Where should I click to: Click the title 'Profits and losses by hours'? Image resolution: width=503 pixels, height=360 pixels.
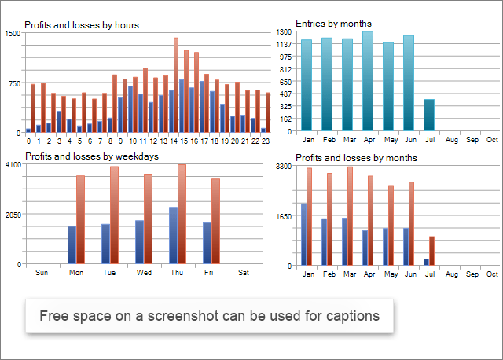[x=82, y=25]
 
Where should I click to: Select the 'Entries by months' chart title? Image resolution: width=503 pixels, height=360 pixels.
[x=333, y=24]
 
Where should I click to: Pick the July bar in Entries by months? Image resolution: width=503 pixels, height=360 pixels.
[x=429, y=115]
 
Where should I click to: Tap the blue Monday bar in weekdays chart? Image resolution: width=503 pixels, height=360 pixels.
[x=72, y=244]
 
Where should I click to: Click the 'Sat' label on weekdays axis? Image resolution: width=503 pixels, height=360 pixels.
[x=243, y=273]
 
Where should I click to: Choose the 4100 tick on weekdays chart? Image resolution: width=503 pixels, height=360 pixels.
[x=13, y=165]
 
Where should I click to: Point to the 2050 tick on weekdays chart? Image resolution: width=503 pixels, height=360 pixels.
[x=13, y=215]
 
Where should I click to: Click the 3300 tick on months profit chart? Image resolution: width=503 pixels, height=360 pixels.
[x=284, y=167]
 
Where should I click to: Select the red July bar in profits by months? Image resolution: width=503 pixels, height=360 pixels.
[x=431, y=250]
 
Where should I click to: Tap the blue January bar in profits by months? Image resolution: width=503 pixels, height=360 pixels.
[x=303, y=233]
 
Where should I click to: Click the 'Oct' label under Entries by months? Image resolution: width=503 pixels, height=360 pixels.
[x=492, y=140]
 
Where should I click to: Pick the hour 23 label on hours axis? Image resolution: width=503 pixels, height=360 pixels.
[x=265, y=141]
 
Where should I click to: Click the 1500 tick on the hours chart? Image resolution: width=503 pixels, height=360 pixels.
[x=13, y=34]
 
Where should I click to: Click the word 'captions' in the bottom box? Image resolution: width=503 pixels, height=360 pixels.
[x=346, y=316]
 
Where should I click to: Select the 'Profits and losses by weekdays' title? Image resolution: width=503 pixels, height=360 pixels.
[x=91, y=156]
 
